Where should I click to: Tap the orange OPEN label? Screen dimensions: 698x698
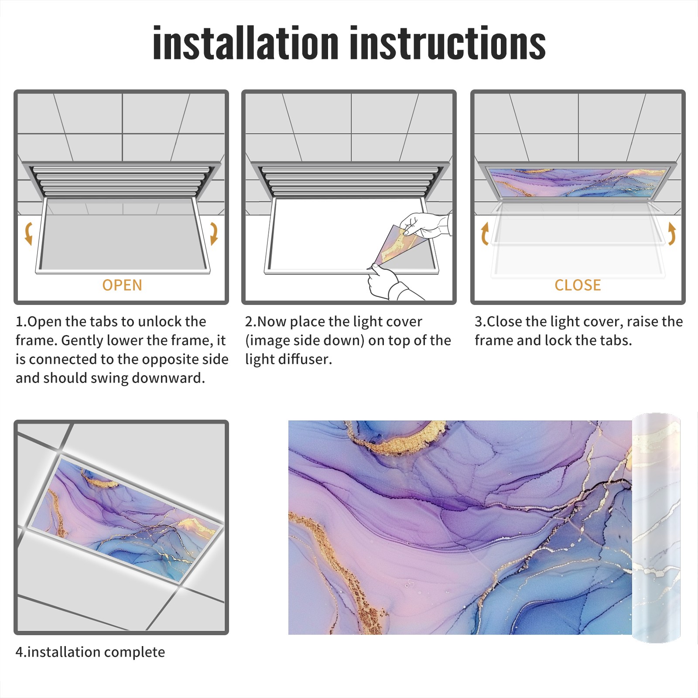122,285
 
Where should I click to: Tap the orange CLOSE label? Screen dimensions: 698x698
578,285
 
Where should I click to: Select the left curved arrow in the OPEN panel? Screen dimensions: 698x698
28,233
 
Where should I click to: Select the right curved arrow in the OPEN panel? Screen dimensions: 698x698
214,233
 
